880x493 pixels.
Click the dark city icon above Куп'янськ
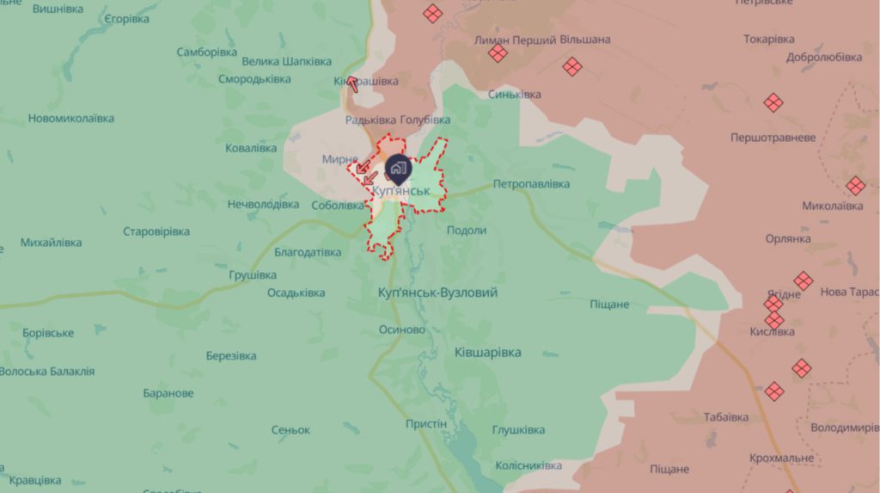pos(397,167)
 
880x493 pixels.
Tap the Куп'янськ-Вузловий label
pos(437,293)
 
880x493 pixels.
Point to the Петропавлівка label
pos(531,184)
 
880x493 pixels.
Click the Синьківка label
pos(514,95)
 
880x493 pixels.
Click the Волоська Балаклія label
pos(47,372)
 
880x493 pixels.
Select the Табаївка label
pos(725,417)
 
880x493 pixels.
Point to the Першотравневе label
pos(773,138)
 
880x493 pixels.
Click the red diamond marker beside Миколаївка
pos(854,186)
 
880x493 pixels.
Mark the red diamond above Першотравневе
pos(773,102)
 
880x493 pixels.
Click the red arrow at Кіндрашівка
pos(351,83)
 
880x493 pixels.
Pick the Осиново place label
pos(402,330)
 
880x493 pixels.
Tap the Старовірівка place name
pos(156,231)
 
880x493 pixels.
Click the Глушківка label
pos(518,430)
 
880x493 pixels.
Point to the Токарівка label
pos(768,40)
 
